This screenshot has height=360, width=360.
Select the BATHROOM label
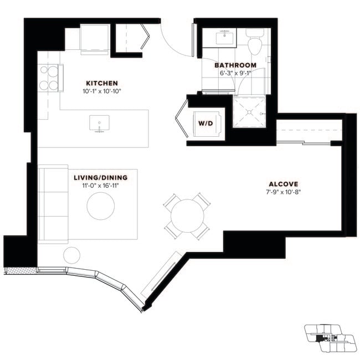point(235,65)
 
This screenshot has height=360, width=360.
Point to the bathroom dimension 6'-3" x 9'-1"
point(235,73)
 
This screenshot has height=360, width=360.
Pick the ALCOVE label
point(284,184)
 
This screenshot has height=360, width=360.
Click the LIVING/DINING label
point(100,178)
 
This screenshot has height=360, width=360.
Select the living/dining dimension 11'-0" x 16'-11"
point(100,186)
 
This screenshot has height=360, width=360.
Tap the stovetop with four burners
point(48,78)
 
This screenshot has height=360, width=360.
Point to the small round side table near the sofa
point(71,255)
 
